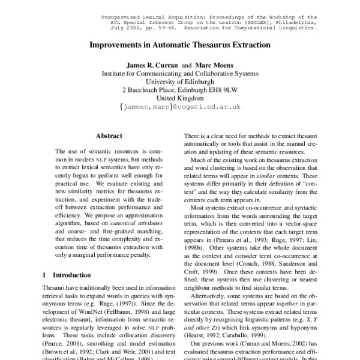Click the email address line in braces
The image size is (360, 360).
(180, 107)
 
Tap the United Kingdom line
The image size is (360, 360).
(180, 98)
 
